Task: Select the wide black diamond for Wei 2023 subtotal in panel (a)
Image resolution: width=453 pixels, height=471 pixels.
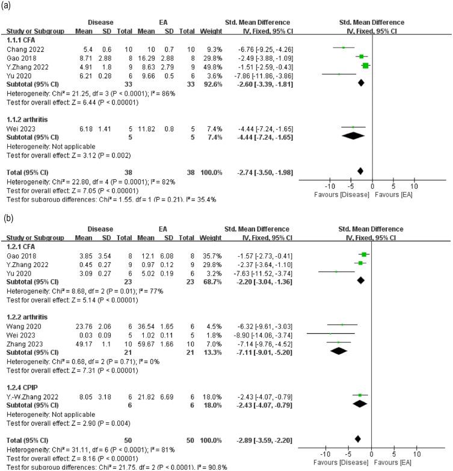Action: click(x=354, y=136)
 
